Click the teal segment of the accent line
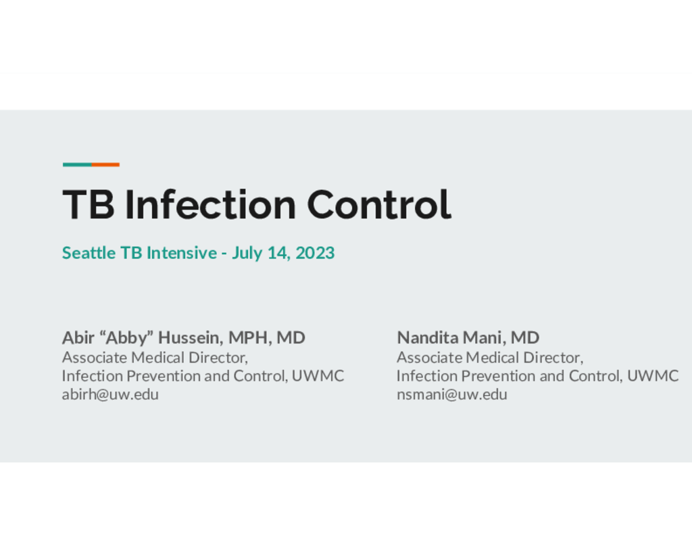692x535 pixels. (77, 165)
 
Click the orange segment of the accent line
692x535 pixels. (105, 165)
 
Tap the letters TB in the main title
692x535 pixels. (89, 204)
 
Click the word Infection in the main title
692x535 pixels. (210, 204)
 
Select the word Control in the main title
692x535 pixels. (379, 204)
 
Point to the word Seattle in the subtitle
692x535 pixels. (89, 253)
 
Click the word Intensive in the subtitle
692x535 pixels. (182, 253)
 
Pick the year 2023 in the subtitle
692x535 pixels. (315, 253)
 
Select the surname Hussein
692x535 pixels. (191, 338)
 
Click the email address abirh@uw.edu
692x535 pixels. (110, 394)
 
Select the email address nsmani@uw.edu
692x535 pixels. (452, 394)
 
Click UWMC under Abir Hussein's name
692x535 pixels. (318, 376)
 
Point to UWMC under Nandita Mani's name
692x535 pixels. (653, 376)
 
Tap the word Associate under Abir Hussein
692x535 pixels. (95, 357)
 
